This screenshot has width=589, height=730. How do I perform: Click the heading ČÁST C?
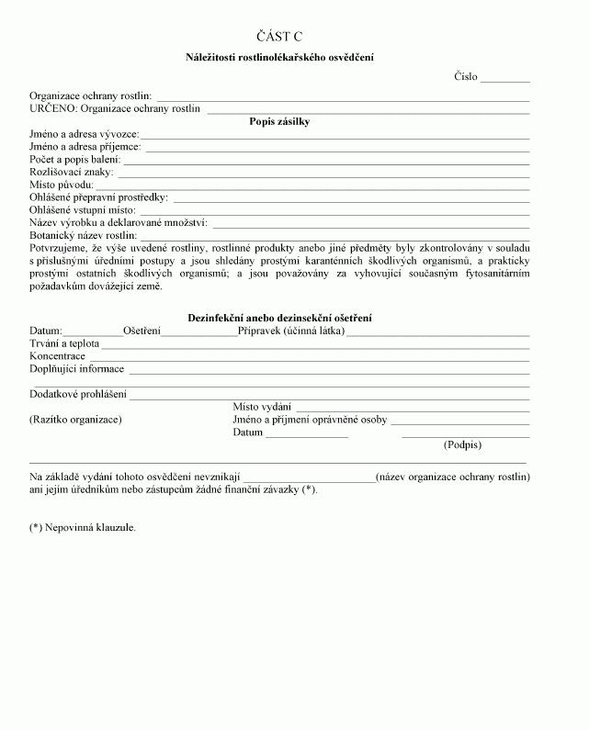click(280, 37)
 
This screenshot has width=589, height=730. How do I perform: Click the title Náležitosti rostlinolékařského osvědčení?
click(279, 57)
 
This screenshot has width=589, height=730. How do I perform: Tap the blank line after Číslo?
click(505, 80)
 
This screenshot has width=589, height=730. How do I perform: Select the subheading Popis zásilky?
click(279, 121)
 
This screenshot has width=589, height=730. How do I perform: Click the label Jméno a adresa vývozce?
click(84, 134)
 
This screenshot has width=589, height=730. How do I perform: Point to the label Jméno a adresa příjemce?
click(85, 147)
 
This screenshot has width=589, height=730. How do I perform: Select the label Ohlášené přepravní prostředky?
click(99, 197)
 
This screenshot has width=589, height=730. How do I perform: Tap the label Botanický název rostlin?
click(84, 236)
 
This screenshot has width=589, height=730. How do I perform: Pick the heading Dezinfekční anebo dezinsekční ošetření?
click(279, 318)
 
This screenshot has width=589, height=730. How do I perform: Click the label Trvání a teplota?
click(64, 343)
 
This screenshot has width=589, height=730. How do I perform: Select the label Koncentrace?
click(57, 356)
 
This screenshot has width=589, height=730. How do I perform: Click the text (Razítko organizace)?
click(75, 420)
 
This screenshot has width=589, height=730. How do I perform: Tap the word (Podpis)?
click(462, 444)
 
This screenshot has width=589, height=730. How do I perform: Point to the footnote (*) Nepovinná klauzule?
click(83, 528)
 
